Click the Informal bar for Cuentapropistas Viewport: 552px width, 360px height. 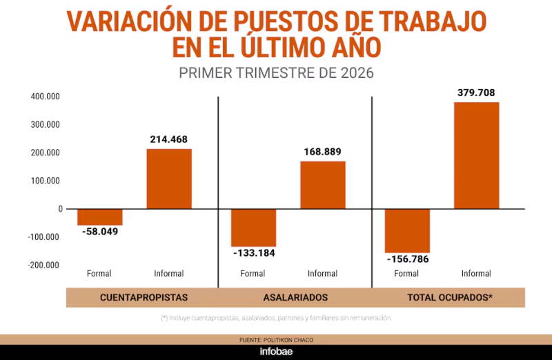tap(169, 179)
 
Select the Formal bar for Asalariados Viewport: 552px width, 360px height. tap(253, 228)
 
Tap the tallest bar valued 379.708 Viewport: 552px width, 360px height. tap(477, 156)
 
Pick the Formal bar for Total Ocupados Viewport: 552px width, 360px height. tap(407, 231)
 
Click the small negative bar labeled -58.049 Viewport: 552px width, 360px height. tap(100, 217)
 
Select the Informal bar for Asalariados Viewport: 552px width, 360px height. tap(323, 185)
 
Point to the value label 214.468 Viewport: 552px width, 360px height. tap(168, 139)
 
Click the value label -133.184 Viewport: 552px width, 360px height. tap(254, 253)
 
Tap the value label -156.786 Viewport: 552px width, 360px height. tap(408, 259)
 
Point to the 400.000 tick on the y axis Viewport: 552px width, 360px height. tap(45, 97)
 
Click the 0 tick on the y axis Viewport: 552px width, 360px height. tap(61, 209)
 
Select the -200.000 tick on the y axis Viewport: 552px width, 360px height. tap(43, 265)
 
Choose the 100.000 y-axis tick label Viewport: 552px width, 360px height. tap(45, 181)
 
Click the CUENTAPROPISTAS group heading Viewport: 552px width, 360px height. tap(144, 298)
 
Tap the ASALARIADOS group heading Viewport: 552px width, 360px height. tap(295, 298)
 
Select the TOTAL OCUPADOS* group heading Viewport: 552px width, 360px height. tap(450, 298)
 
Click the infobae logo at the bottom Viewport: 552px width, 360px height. tap(276, 352)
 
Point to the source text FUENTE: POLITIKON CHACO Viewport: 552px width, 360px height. tap(277, 340)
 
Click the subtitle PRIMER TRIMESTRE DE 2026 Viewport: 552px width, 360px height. tap(277, 73)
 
